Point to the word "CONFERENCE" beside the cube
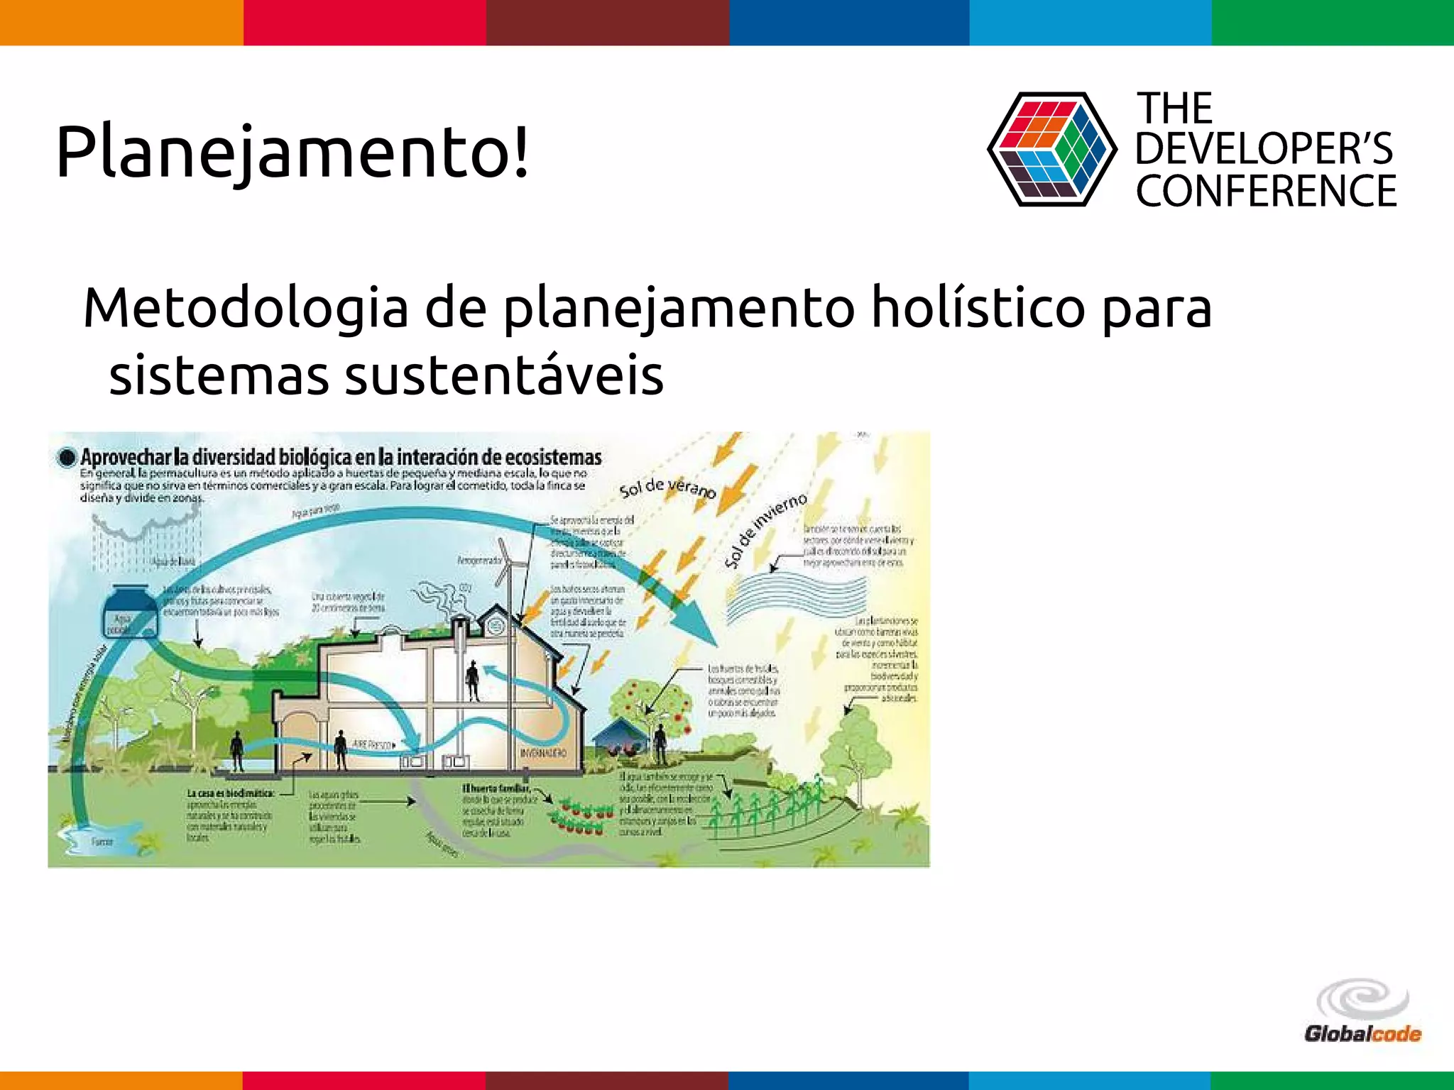1266,191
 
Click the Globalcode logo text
1362,1033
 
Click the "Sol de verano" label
667,488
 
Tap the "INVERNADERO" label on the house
543,752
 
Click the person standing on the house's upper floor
472,680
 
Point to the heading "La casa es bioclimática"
230,793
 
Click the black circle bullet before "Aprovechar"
67,458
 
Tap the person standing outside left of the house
237,751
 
